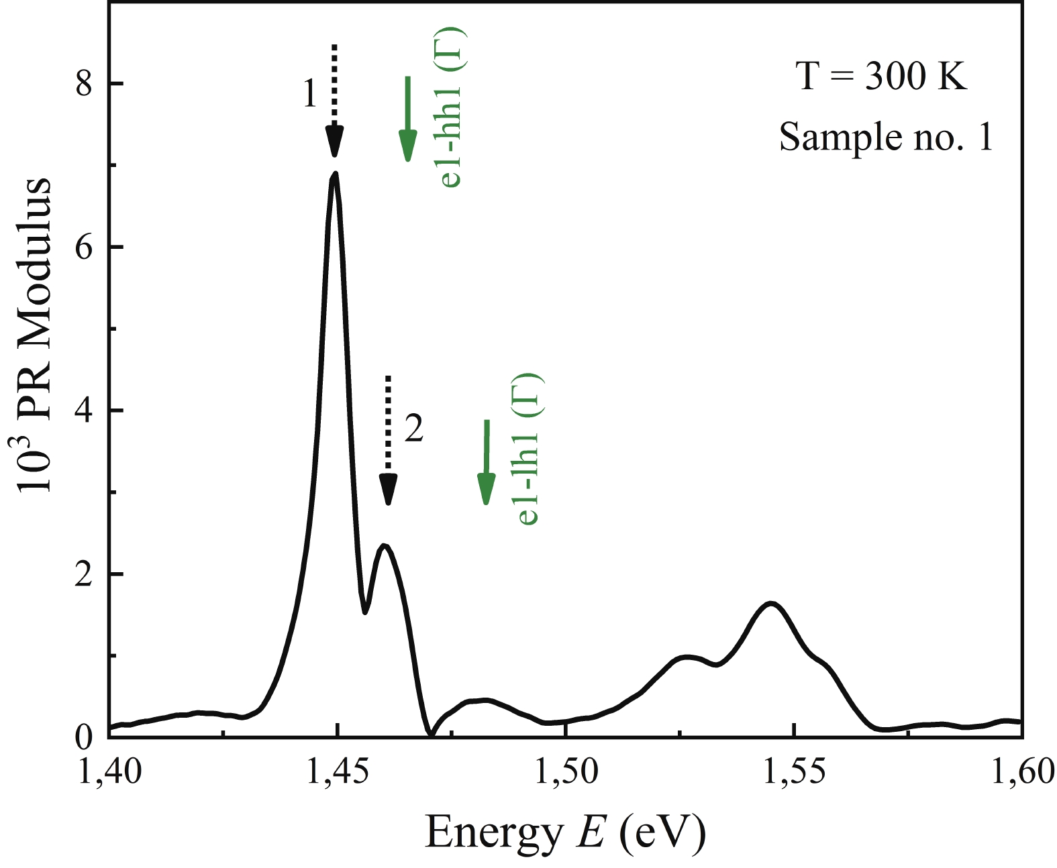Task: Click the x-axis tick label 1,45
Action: tap(337, 771)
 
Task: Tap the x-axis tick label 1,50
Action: tap(566, 771)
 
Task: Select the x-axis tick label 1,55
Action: tap(794, 771)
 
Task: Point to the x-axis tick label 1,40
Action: tap(109, 771)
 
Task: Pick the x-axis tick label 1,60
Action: tap(1022, 771)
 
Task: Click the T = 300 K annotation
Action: tap(881, 76)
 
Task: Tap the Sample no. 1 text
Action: tap(885, 138)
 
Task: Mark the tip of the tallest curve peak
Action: tap(335, 174)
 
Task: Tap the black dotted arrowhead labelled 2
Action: tap(388, 489)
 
